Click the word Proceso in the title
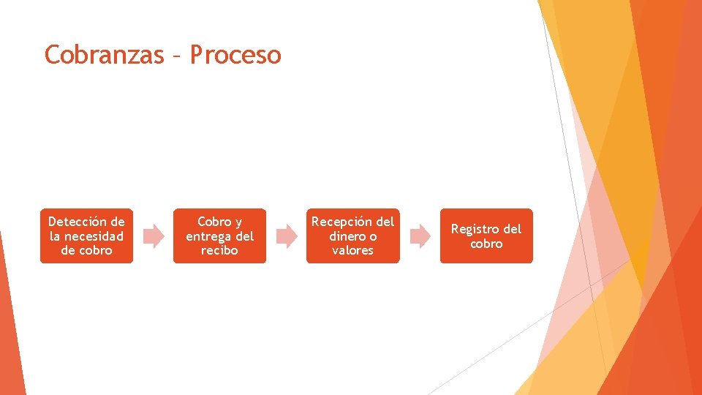235,55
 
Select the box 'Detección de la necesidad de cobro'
86,236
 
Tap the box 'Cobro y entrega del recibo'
219,236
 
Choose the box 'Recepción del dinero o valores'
352,236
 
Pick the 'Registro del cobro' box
486,236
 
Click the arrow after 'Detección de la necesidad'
153,236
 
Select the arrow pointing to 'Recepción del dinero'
287,236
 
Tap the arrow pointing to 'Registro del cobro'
420,236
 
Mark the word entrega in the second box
211,236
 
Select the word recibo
219,250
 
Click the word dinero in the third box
347,236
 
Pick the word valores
352,250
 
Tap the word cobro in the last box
486,244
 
